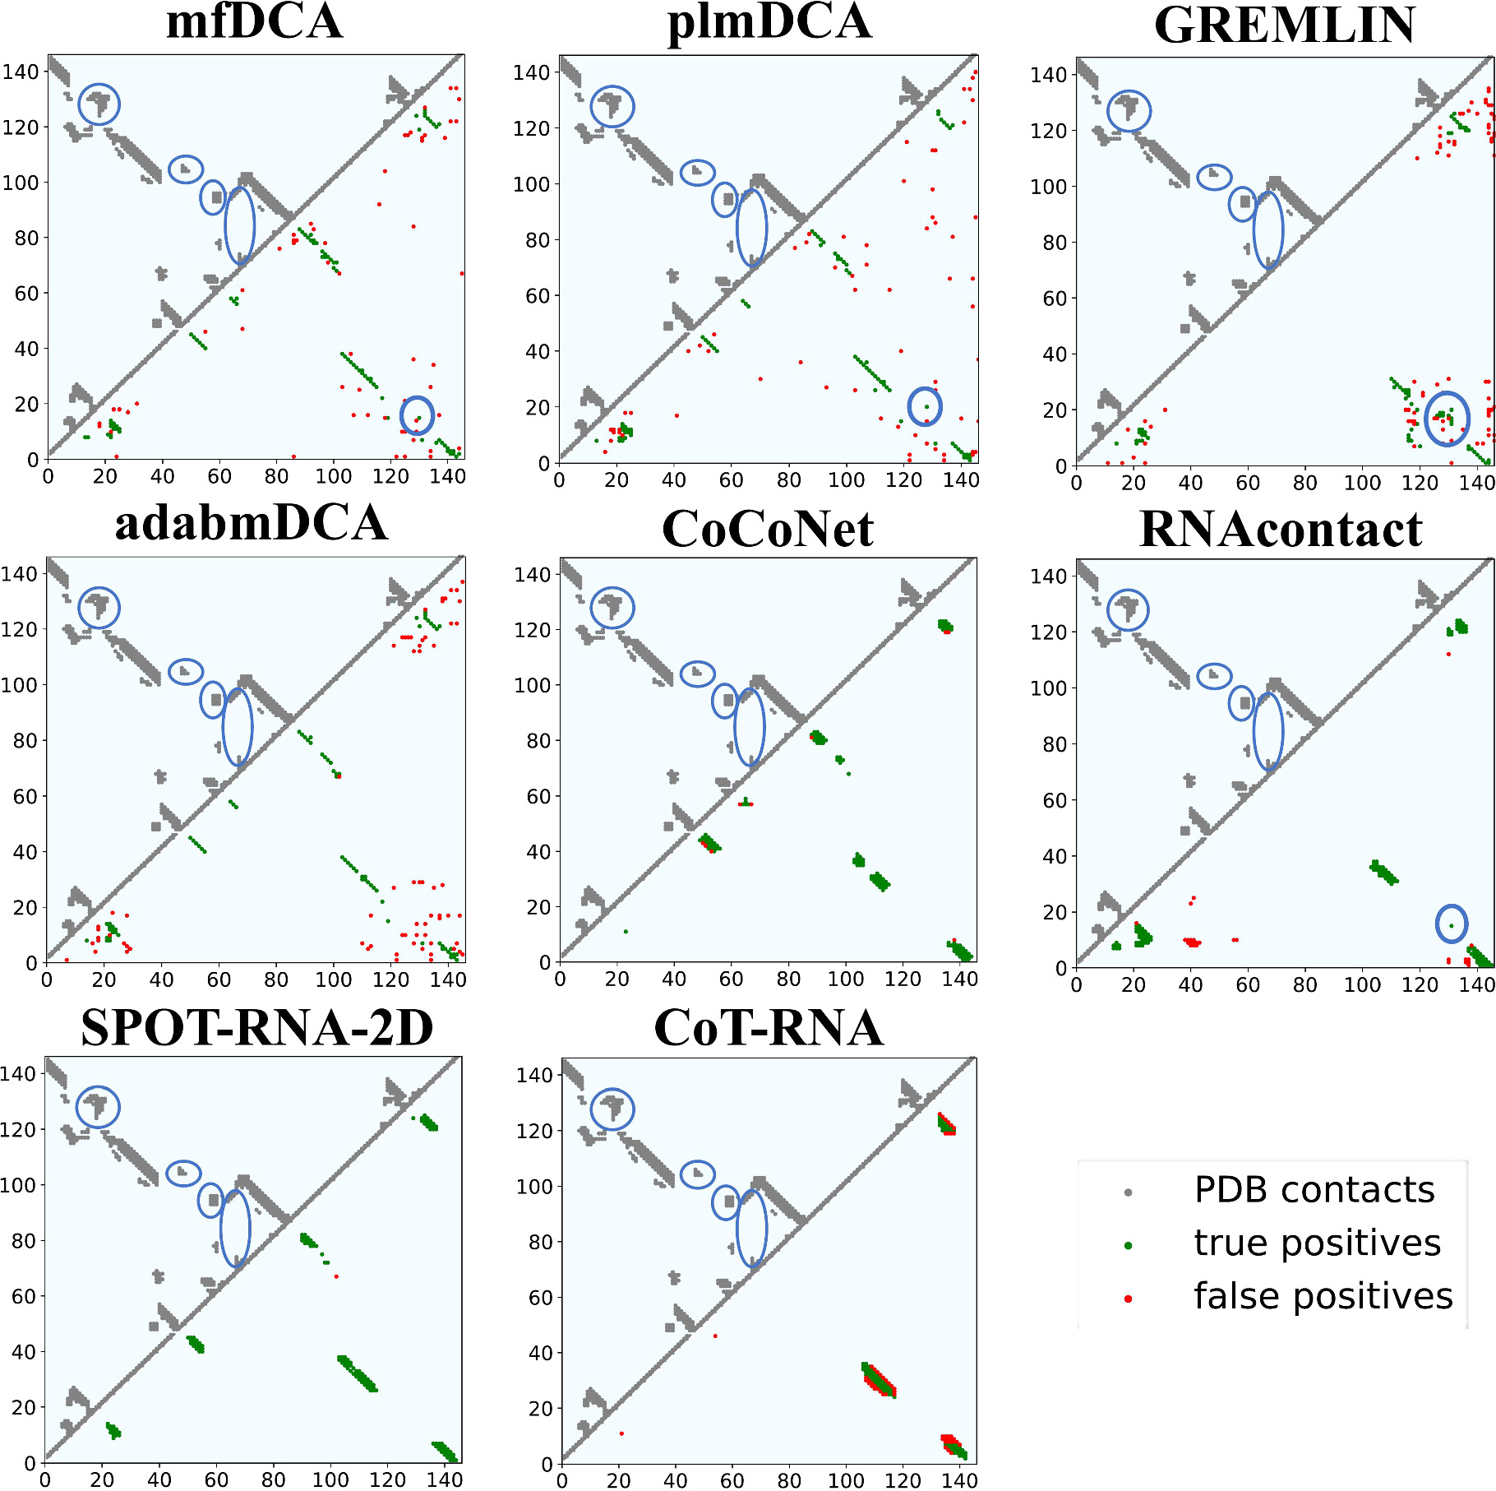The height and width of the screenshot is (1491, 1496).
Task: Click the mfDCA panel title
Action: tap(254, 22)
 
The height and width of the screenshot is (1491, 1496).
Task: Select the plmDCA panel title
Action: tap(769, 22)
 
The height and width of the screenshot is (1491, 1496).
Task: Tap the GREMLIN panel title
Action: tap(1285, 26)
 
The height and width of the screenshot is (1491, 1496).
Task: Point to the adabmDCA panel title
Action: tap(252, 524)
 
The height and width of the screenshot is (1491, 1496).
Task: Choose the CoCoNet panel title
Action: tap(768, 529)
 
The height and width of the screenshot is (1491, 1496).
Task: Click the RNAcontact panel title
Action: tap(1281, 529)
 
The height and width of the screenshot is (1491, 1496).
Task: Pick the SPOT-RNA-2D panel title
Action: tap(256, 1028)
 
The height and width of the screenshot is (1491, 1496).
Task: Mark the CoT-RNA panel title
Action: tap(769, 1028)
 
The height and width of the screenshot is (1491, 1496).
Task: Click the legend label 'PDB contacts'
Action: tap(1314, 1190)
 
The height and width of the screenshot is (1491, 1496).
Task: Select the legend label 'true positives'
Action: tap(1317, 1243)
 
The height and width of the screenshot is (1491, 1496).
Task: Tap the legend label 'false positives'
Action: tap(1323, 1296)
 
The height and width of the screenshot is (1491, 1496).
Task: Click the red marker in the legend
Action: tap(1129, 1299)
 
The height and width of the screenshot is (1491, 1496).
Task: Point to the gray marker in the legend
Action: tap(1129, 1192)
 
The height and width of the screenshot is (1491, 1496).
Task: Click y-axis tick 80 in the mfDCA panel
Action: tap(26, 238)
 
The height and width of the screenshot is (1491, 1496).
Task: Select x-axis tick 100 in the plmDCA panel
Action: tap(846, 479)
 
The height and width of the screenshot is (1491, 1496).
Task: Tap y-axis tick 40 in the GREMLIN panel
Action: tap(1055, 354)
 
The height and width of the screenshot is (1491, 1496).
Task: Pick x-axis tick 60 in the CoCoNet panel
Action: tap(731, 979)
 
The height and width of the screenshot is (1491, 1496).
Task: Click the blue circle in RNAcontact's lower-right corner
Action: tap(1451, 924)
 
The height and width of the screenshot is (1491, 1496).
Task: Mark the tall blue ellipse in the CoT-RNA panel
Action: tap(751, 1229)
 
